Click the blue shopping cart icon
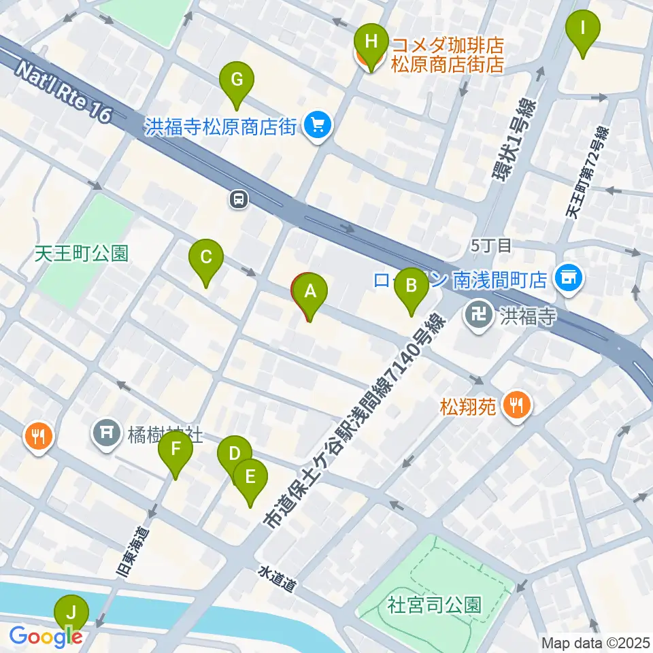pos(316,125)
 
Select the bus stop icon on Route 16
pos(238,199)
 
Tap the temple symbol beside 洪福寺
pos(479,315)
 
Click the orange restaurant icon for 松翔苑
pos(518,406)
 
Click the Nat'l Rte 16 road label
pos(61,92)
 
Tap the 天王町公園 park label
pos(82,254)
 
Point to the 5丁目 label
pos(490,246)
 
